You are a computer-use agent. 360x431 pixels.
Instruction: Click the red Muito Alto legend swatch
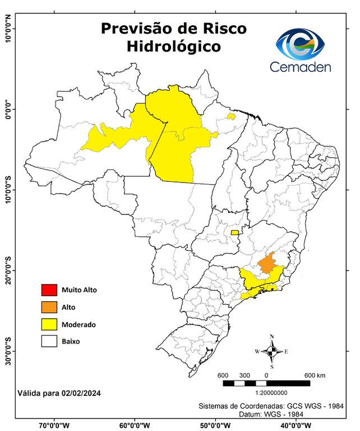point(49,290)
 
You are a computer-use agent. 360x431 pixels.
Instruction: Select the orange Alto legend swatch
point(49,307)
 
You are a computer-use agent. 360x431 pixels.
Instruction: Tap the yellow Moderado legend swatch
point(49,324)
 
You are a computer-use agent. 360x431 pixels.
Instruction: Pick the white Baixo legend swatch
point(49,341)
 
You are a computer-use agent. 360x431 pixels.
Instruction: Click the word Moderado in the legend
point(79,324)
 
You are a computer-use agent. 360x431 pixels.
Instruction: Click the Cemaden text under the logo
point(301,67)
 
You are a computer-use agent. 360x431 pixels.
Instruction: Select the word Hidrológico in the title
point(173,46)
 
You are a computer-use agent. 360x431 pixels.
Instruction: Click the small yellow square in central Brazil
point(234,232)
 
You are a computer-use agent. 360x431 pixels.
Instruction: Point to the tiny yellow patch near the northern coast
point(230,117)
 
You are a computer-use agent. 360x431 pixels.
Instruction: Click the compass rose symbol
point(272,351)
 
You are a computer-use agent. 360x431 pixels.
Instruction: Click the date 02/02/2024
point(80,392)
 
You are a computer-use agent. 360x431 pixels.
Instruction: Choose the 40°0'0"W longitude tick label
point(293,425)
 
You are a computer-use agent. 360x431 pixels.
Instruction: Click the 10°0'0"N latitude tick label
point(8,30)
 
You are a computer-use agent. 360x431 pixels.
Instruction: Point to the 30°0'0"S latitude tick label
point(8,351)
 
